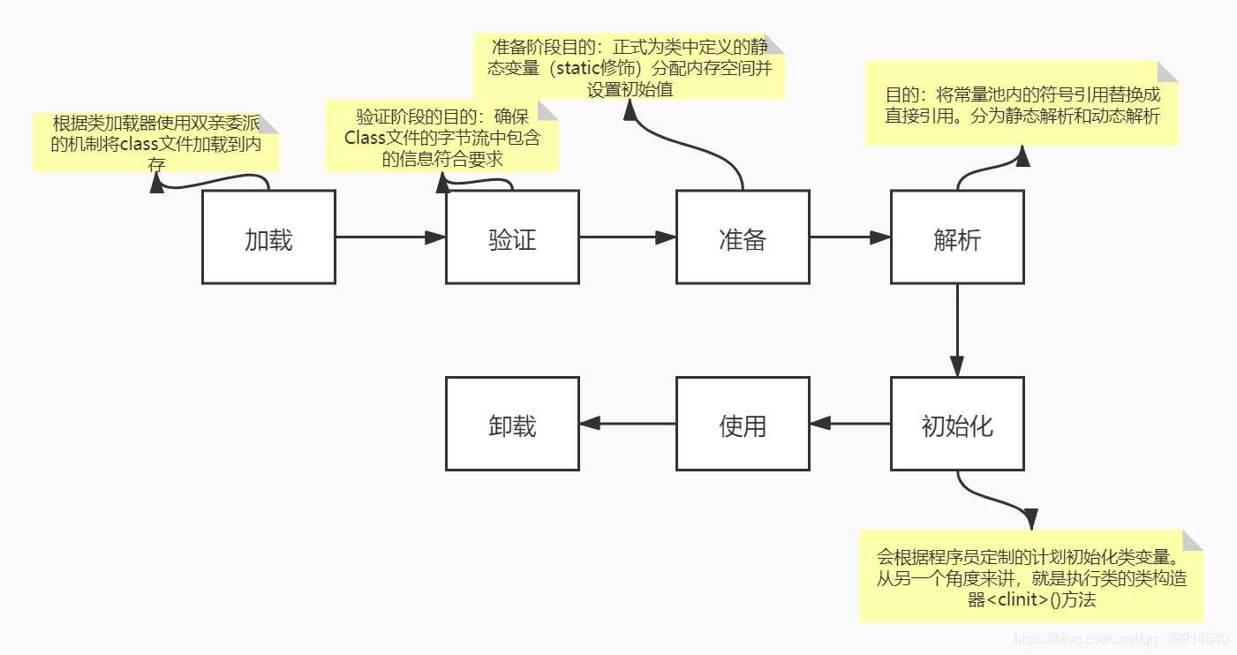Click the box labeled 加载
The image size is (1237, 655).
(268, 237)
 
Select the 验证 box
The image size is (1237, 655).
(512, 237)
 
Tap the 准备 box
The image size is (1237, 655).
(743, 237)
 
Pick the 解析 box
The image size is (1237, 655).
(957, 237)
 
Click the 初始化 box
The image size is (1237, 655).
(957, 425)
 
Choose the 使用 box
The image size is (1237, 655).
(743, 425)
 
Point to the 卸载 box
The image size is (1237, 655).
(512, 425)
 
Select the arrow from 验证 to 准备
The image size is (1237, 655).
(627, 237)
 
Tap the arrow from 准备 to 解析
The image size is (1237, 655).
(849, 237)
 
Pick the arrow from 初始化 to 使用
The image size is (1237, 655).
(849, 424)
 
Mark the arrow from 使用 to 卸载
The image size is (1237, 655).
(627, 424)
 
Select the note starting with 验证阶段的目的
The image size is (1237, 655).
(442, 136)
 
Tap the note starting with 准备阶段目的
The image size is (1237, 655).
(630, 66)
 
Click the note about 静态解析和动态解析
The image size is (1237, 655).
(1022, 104)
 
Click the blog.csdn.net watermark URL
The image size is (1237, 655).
(1120, 638)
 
